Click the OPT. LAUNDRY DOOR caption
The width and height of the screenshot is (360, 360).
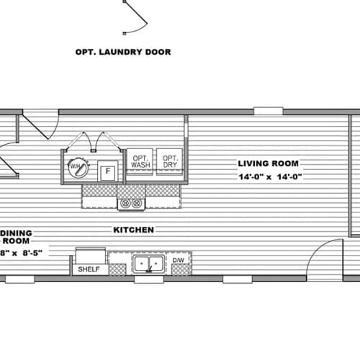(x=123, y=52)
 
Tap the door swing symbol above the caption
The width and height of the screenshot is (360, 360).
(x=135, y=17)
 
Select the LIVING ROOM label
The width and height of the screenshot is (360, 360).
(x=268, y=163)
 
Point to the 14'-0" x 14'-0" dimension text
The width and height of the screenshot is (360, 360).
(x=269, y=176)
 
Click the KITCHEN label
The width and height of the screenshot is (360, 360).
(x=134, y=230)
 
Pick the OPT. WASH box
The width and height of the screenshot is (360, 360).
(x=139, y=162)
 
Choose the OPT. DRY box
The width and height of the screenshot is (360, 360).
(x=169, y=162)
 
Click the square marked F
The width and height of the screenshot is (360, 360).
(x=107, y=171)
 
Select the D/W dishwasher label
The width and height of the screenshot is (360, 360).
(x=178, y=260)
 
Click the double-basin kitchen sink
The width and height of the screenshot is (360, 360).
(x=150, y=264)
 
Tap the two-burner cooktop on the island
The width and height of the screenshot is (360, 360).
(x=132, y=204)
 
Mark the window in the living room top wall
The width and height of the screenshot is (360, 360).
(x=268, y=112)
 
